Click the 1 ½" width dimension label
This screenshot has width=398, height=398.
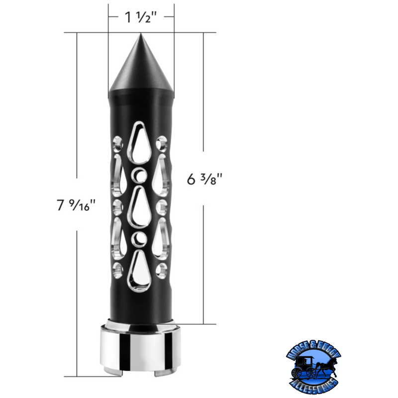[x=141, y=18]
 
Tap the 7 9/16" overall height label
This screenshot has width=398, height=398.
[x=75, y=204]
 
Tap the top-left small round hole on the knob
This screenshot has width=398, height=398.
[x=118, y=143]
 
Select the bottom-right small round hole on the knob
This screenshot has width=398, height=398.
[x=162, y=270]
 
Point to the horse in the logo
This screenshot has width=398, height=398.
[x=327, y=365]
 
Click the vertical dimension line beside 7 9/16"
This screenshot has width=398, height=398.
[x=77, y=124]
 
